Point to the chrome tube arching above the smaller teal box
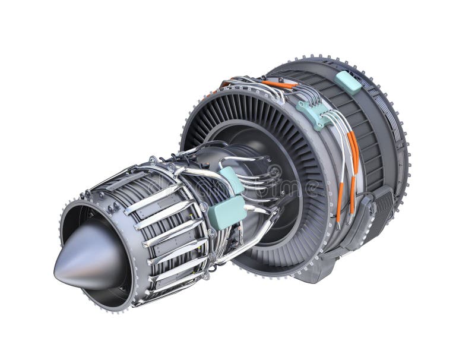[x=237, y=160]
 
